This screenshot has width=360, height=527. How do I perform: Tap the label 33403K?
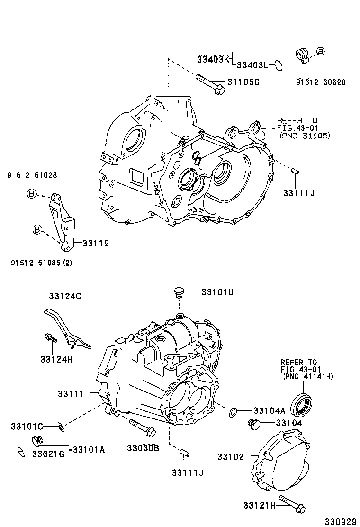pos(213,59)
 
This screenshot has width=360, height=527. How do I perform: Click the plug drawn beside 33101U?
pos(179,292)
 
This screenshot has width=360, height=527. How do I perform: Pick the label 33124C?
pos(65,296)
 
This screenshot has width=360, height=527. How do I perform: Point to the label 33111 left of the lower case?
pos(71,393)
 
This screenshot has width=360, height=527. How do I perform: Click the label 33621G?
pos(48,454)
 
